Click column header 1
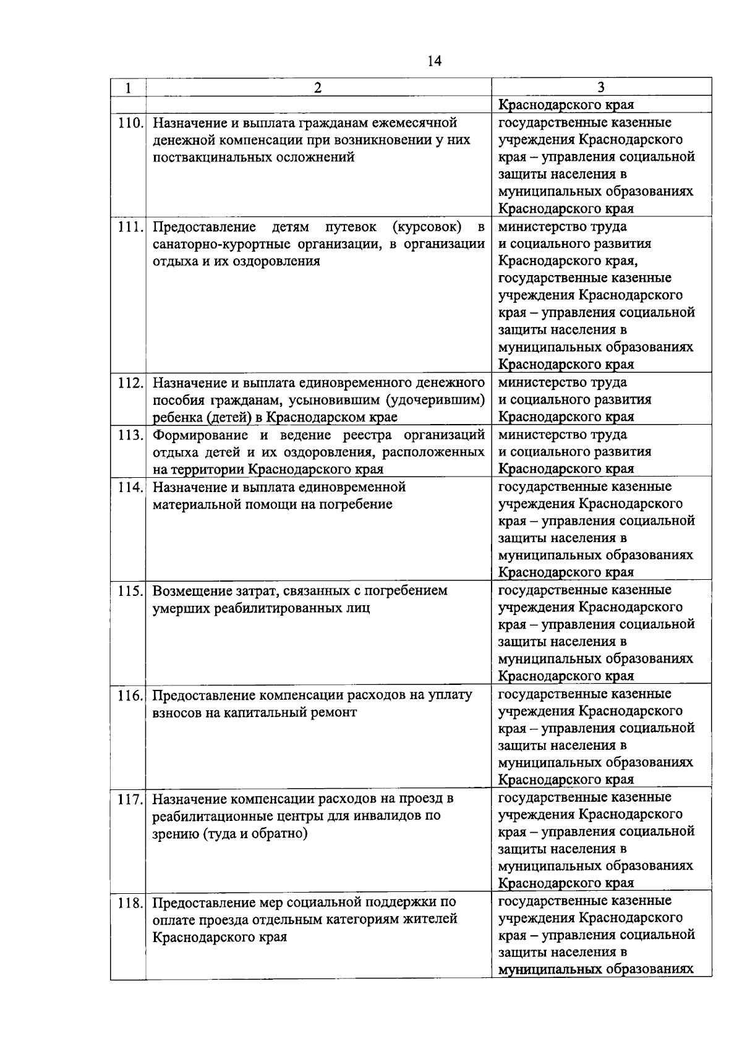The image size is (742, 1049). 128,88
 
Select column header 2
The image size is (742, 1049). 318,88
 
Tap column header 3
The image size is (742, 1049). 601,87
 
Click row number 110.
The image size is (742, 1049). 130,123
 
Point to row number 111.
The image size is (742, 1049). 130,227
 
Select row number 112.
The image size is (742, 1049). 130,383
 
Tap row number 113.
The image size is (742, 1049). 130,435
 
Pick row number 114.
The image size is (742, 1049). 130,487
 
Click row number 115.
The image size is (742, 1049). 130,591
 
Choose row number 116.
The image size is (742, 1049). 130,695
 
